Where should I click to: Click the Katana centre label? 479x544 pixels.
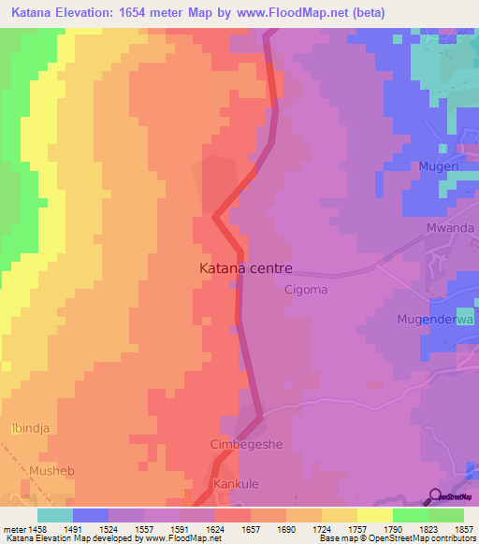(x=246, y=267)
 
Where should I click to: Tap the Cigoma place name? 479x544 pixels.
(x=306, y=290)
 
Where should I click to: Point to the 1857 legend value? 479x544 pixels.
(x=463, y=528)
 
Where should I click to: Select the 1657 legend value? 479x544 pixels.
(x=251, y=528)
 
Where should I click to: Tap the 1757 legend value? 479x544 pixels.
(x=357, y=528)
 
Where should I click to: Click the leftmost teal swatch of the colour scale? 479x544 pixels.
(x=55, y=515)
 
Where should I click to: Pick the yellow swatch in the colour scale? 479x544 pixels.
(x=375, y=515)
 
